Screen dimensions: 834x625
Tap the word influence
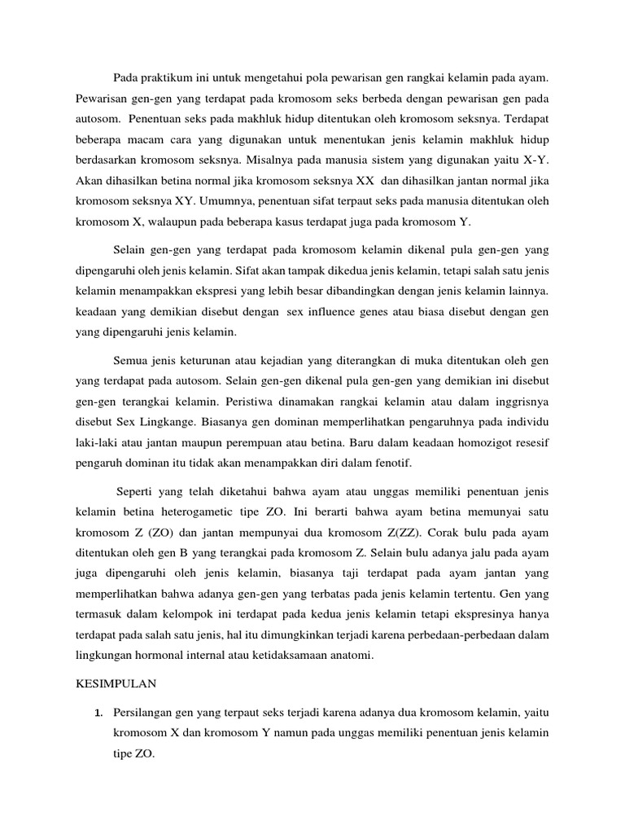(x=347, y=311)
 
